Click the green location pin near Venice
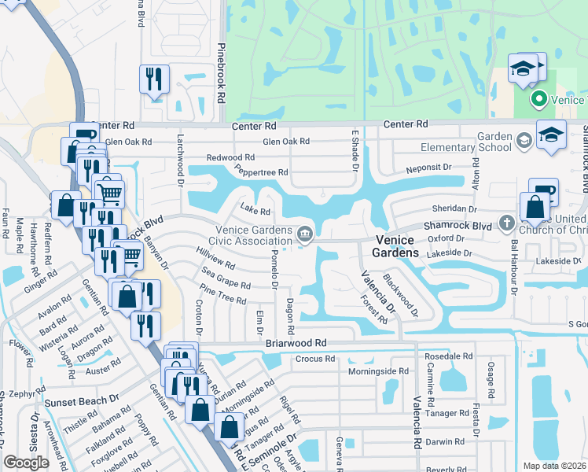[x=539, y=100]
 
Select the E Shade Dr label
[x=355, y=153]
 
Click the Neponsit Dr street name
[x=428, y=168]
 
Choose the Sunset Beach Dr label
[x=81, y=401]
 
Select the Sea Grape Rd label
[x=226, y=279]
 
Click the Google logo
[x=26, y=463]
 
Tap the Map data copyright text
[x=553, y=466]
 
